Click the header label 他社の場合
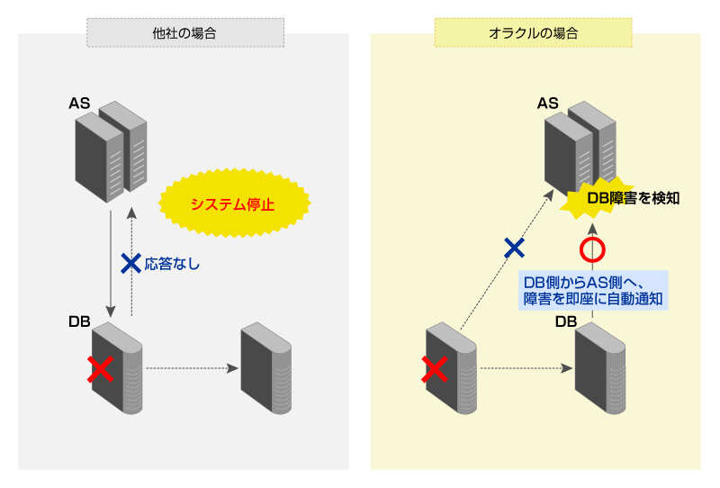tap(184, 33)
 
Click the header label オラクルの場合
tap(534, 33)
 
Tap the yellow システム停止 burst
tap(232, 204)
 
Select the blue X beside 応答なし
tap(131, 264)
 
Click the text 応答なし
tap(172, 265)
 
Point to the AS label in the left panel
tap(79, 103)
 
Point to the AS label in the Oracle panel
tap(548, 103)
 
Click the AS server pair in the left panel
tap(110, 150)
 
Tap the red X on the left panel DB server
tap(100, 368)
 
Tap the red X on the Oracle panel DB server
tap(435, 368)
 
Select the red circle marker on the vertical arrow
tap(591, 250)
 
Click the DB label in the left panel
tap(79, 321)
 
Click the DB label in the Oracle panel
tap(565, 321)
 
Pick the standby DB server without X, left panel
tap(265, 367)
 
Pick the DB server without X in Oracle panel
tap(600, 367)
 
